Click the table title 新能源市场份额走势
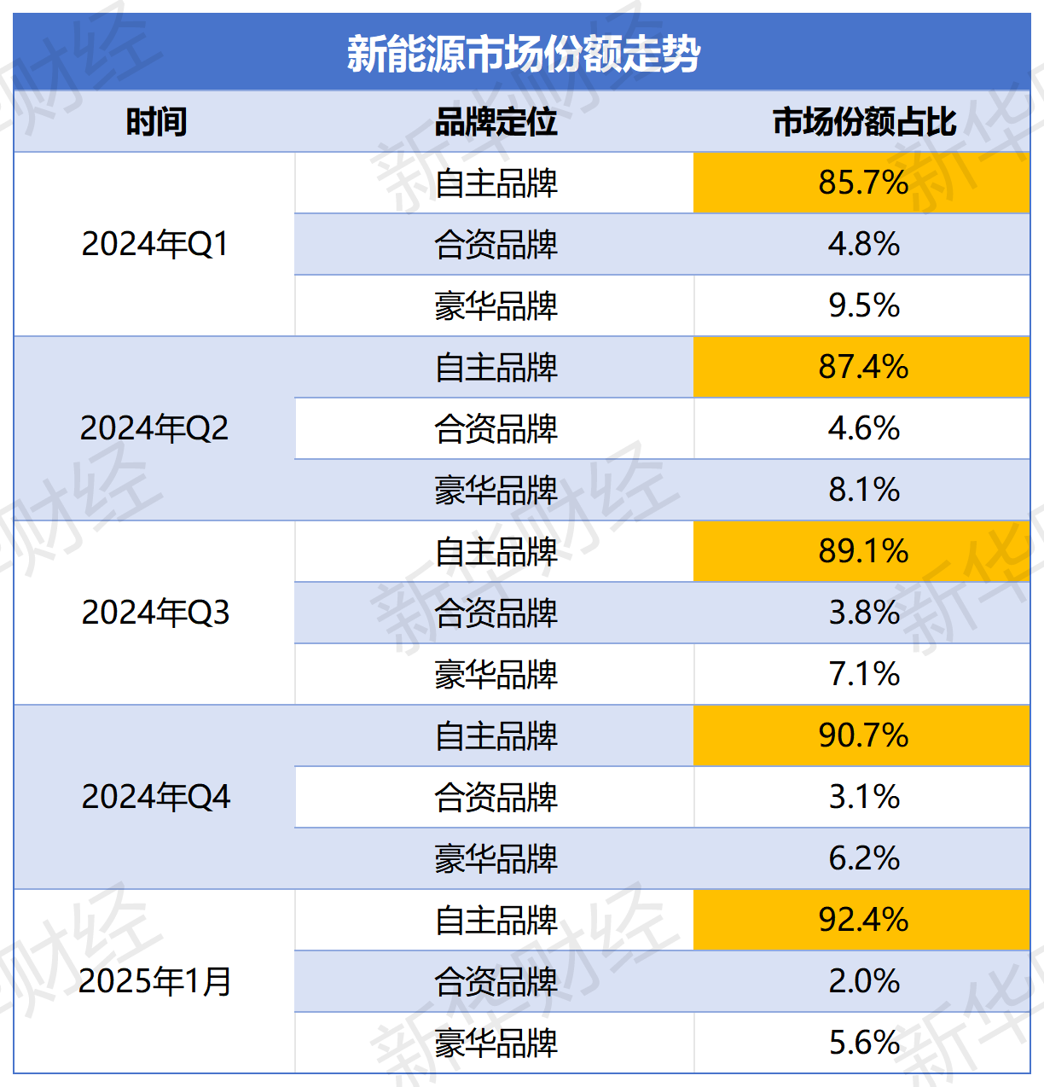[x=523, y=54]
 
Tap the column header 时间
[x=156, y=122]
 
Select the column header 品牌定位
[x=496, y=122]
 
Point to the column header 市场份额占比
[x=863, y=122]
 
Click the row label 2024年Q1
[x=155, y=244]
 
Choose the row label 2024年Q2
[x=154, y=428]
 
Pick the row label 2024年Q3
[x=155, y=613]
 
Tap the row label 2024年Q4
[x=155, y=797]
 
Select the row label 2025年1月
[x=155, y=981]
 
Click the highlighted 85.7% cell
[x=863, y=183]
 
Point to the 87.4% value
[x=863, y=367]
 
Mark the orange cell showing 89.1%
[x=863, y=551]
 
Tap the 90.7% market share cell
[x=863, y=735]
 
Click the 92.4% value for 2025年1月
[x=863, y=920]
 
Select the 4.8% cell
[x=863, y=244]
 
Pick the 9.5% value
[x=863, y=305]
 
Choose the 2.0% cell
[x=863, y=981]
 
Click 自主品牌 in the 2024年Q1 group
[x=496, y=183]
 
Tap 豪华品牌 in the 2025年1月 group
[x=496, y=1043]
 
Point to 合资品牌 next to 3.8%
[x=496, y=613]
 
